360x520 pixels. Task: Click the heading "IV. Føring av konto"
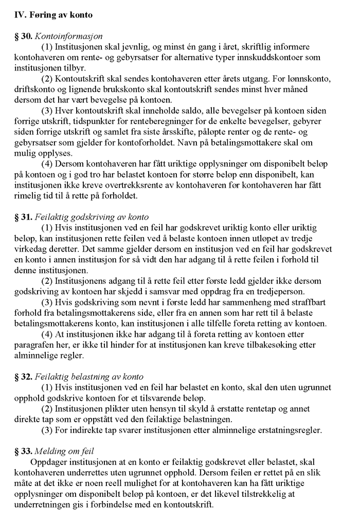[53, 15]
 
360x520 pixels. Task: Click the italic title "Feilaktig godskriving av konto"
[92, 217]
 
